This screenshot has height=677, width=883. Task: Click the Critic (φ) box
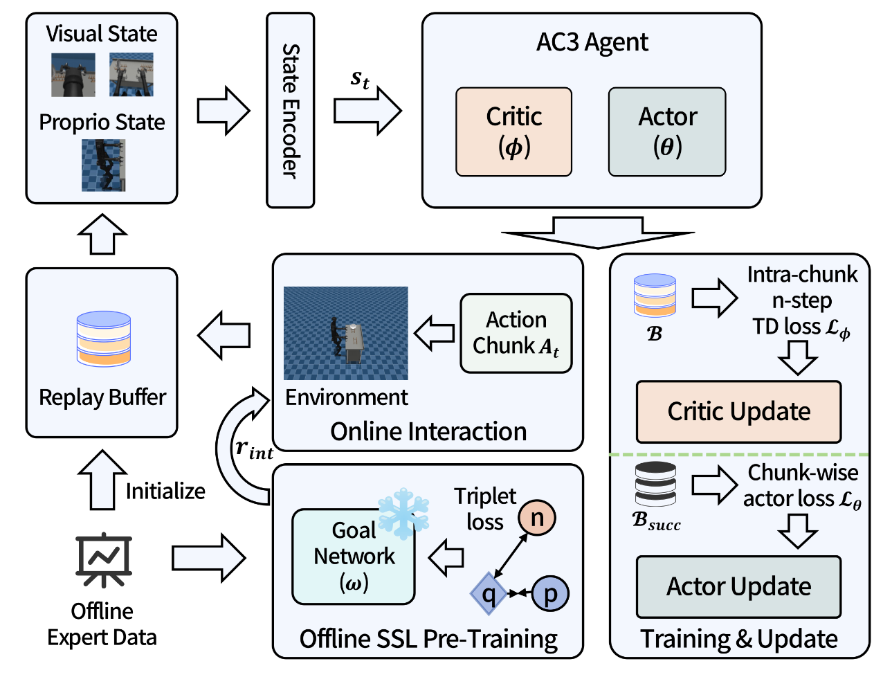(513, 132)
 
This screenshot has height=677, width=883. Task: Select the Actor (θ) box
(667, 132)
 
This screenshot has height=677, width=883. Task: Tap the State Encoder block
(291, 111)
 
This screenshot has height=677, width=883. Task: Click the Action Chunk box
(516, 333)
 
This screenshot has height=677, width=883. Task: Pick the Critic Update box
(738, 412)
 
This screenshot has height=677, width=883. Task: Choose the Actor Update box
(738, 587)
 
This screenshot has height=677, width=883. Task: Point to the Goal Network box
(354, 557)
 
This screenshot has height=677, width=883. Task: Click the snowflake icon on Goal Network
(403, 512)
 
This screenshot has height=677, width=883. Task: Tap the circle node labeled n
(537, 517)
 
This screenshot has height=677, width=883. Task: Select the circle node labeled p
(550, 593)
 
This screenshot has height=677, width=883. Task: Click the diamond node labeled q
(489, 593)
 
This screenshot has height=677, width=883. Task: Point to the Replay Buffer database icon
(104, 338)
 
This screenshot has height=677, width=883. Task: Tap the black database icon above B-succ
(655, 485)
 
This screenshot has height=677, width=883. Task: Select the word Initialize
(165, 491)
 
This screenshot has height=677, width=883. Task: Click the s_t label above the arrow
(360, 79)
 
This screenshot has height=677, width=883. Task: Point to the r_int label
(253, 449)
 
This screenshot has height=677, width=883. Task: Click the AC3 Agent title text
(592, 42)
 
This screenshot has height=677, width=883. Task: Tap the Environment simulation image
(346, 333)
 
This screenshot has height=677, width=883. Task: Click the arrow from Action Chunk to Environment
(434, 333)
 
